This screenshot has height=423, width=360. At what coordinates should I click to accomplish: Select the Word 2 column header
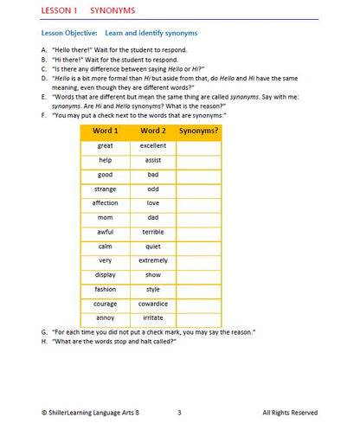point(152,131)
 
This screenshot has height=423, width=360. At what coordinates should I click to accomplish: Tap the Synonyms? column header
point(198,131)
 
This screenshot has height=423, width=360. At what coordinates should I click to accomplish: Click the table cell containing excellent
point(152,146)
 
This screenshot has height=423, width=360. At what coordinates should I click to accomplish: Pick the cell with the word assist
point(152,160)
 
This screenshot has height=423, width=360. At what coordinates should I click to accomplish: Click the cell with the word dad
point(152,217)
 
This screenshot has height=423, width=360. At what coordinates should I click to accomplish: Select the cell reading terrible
point(152,232)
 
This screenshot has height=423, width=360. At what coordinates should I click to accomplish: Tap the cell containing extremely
point(152,260)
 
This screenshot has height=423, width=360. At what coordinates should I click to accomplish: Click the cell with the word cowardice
point(152,304)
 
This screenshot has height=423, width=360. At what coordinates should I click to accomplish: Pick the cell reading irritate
point(152,317)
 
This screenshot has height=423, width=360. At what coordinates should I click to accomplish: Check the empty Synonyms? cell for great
point(198,146)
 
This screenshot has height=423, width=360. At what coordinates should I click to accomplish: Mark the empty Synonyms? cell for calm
point(198,247)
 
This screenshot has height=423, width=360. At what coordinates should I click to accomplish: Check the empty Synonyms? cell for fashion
point(198,289)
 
